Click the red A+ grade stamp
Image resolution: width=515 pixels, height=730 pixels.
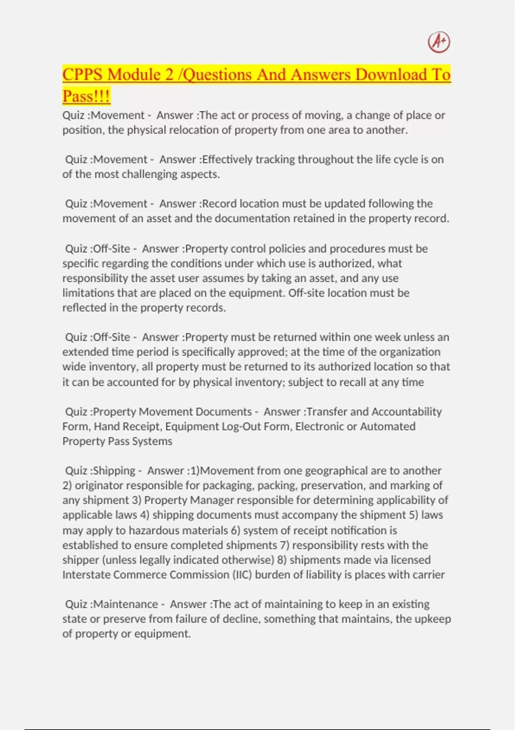pos(439,43)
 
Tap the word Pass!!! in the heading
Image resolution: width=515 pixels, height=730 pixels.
pos(86,96)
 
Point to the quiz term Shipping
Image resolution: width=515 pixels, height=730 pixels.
pos(114,471)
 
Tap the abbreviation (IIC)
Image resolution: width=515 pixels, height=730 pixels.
pos(242,575)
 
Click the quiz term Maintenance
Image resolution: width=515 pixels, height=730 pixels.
pos(126,604)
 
